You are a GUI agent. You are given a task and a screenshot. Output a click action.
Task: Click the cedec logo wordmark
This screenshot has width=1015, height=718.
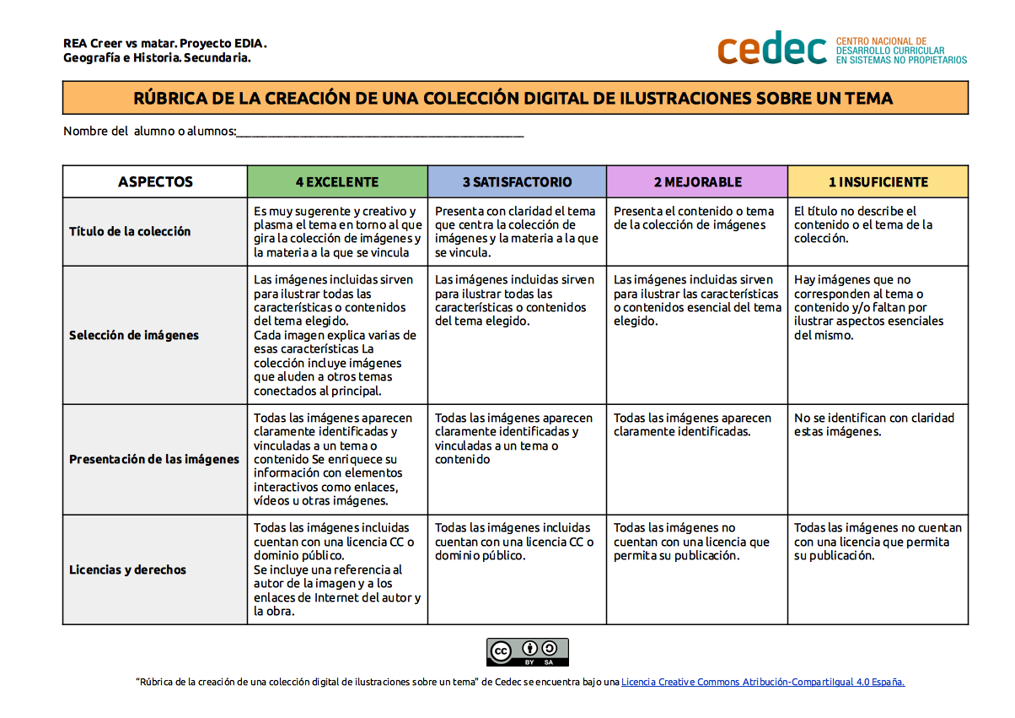click(x=771, y=48)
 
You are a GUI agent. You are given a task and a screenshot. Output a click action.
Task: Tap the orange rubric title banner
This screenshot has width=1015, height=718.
click(x=515, y=98)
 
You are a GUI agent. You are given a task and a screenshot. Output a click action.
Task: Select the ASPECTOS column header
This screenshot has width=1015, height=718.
click(x=155, y=181)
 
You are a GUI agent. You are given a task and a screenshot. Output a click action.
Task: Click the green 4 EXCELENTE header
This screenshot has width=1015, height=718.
click(x=337, y=181)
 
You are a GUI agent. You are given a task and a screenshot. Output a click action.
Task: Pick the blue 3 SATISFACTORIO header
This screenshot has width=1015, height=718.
click(x=517, y=181)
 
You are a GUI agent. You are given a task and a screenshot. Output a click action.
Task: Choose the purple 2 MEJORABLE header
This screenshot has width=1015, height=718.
click(x=697, y=181)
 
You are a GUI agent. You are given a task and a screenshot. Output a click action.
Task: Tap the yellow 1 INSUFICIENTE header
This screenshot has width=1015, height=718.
click(x=878, y=181)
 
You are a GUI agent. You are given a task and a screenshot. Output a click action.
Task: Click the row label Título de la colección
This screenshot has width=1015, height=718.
click(x=130, y=231)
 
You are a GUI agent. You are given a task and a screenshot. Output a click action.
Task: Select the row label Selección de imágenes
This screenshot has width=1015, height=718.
click(x=134, y=335)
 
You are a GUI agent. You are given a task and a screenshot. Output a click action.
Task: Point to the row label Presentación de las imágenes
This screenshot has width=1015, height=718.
click(x=154, y=459)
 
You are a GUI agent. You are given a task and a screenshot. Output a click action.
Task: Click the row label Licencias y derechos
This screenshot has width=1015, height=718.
click(x=127, y=570)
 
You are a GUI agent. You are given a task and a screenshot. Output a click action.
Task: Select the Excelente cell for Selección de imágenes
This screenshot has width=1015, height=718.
click(x=336, y=335)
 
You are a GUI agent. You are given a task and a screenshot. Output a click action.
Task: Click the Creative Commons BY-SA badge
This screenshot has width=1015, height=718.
click(x=528, y=651)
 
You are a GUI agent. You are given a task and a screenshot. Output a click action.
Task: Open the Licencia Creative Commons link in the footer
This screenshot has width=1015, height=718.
click(x=763, y=682)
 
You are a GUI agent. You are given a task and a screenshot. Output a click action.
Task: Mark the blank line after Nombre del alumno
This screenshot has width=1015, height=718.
click(x=380, y=132)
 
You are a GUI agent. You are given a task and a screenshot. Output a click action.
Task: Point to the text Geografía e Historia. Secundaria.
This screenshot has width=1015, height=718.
click(x=157, y=58)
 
